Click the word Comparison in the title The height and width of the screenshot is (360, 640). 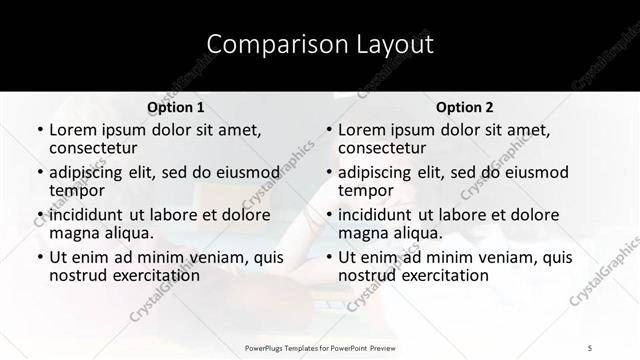[x=267, y=45]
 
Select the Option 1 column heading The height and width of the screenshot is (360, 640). [x=175, y=107]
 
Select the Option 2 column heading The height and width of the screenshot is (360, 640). [x=464, y=107]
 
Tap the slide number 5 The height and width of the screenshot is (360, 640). [x=591, y=347]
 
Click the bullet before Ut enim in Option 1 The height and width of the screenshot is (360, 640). [x=39, y=258]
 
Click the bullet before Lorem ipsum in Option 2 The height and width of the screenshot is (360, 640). [x=329, y=131]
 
